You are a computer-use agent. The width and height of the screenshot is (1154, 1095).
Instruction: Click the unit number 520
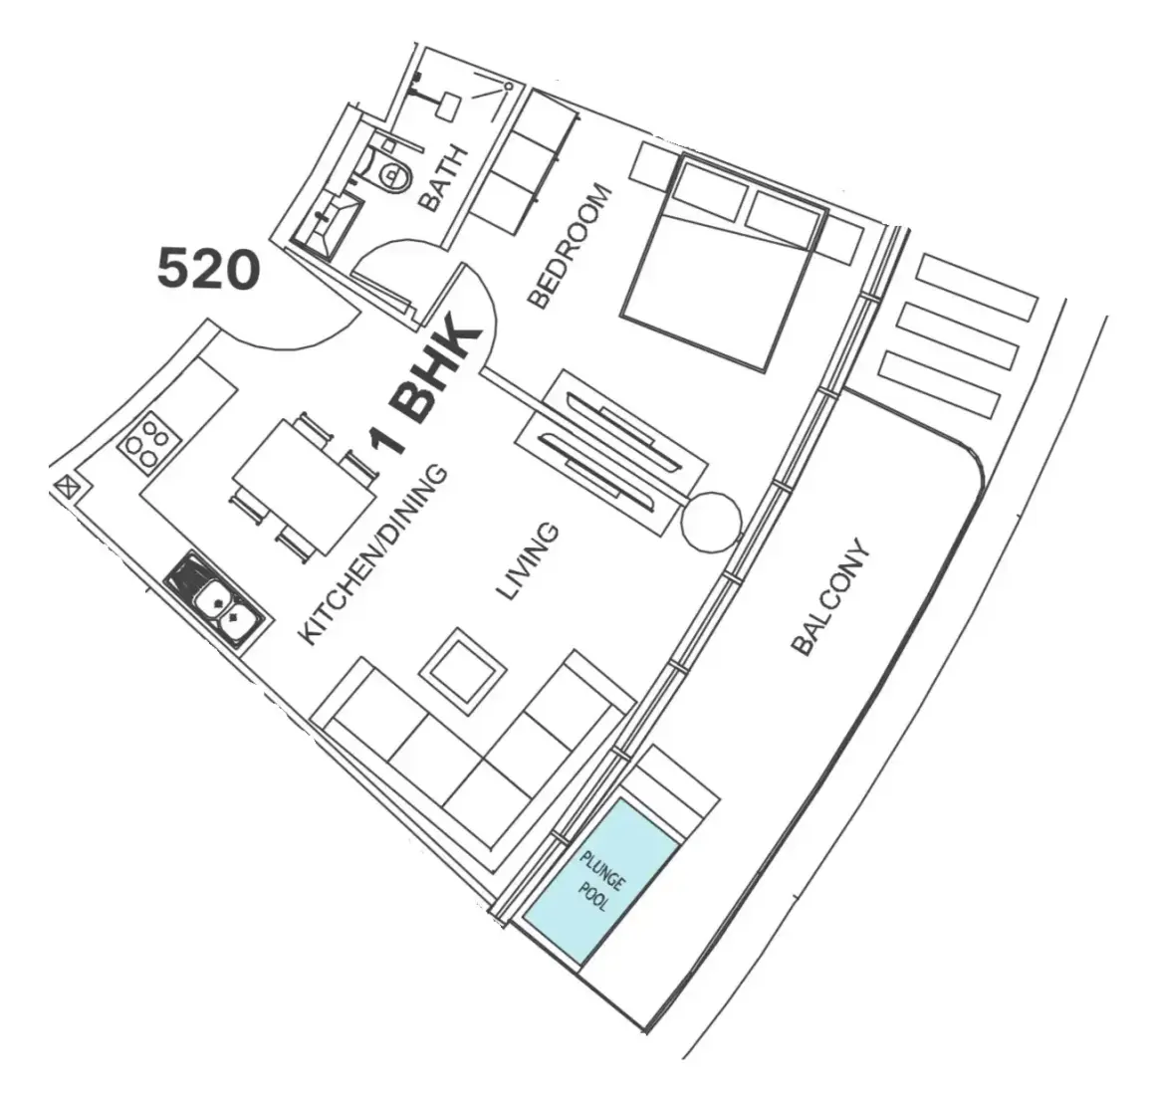pyautogui.click(x=208, y=270)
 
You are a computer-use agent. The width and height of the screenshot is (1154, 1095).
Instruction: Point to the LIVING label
pyautogui.click(x=528, y=561)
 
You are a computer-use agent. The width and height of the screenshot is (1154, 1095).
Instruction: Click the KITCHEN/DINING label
pyautogui.click(x=374, y=555)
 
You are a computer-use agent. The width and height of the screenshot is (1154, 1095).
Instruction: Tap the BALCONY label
pyautogui.click(x=830, y=597)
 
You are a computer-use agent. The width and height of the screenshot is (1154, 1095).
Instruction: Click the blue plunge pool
pyautogui.click(x=600, y=881)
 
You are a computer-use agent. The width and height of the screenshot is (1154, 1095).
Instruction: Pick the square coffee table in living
pyautogui.click(x=462, y=670)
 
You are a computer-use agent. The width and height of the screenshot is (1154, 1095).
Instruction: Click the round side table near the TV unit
pyautogui.click(x=710, y=521)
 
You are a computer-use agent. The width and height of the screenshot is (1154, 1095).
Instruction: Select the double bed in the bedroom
pyautogui.click(x=725, y=263)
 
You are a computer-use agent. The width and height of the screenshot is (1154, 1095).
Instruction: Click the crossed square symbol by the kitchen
pyautogui.click(x=68, y=488)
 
